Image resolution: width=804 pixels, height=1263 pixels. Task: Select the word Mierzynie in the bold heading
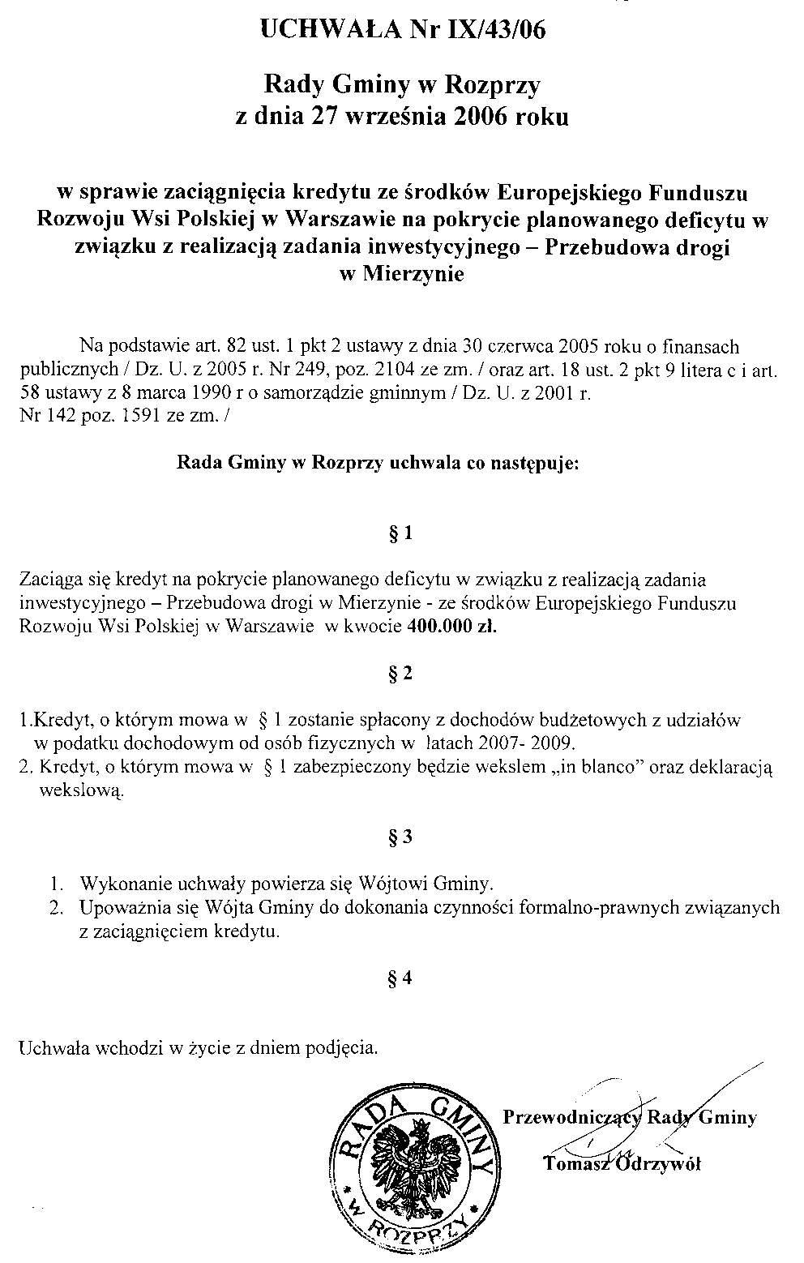click(413, 274)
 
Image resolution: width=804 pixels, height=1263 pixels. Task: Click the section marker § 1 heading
click(401, 533)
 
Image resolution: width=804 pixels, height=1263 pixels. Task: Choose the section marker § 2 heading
click(401, 674)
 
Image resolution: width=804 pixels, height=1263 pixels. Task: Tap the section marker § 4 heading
click(401, 978)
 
